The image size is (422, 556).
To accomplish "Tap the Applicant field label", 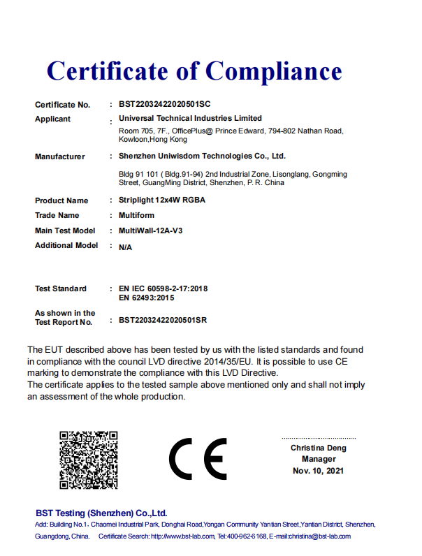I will click(53, 119).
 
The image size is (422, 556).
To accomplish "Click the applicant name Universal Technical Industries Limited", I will click(191, 118).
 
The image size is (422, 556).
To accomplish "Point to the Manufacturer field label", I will click(60, 156).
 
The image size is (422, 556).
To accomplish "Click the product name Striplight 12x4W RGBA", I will click(162, 200).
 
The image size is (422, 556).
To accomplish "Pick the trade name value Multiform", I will click(136, 215).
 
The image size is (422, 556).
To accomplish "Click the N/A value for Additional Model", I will click(126, 247).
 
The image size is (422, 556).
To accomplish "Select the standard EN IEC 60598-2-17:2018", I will click(164, 288).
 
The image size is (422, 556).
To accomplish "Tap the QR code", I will click(88, 460).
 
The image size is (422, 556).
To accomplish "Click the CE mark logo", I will click(198, 459).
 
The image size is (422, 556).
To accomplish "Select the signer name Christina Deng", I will click(319, 448).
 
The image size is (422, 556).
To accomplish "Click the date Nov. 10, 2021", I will click(319, 471).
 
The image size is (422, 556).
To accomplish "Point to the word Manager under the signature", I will click(319, 459).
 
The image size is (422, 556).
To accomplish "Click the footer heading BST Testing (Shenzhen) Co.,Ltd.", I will click(101, 513).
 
